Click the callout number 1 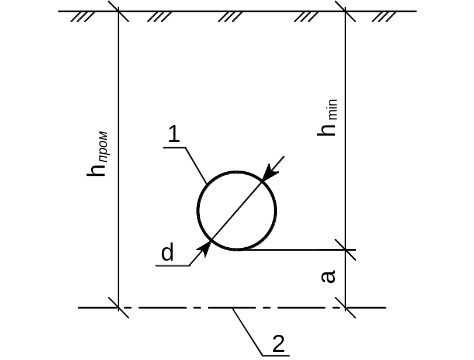(174, 136)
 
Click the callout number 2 (279, 344)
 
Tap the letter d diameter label (168, 253)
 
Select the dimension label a (330, 276)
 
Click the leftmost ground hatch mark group (82, 17)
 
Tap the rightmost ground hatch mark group (384, 17)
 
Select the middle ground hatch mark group (230, 17)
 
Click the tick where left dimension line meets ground (119, 11)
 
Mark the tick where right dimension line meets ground (345, 11)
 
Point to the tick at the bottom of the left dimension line (119, 307)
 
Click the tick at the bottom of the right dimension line (345, 307)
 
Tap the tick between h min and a (345, 250)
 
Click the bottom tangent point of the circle (237, 250)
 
